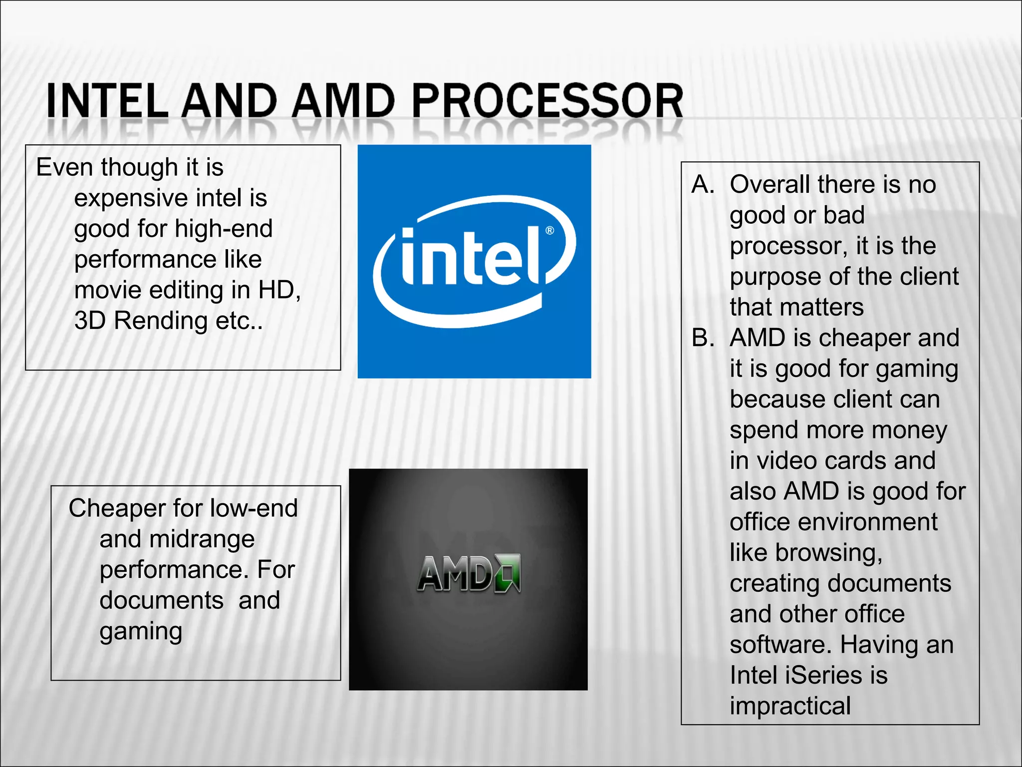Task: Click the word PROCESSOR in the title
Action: pos(547,101)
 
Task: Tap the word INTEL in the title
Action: pos(107,101)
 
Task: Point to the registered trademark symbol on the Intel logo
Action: pos(549,230)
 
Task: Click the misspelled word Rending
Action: pos(160,321)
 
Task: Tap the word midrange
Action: pos(202,539)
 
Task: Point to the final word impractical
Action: pos(790,706)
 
